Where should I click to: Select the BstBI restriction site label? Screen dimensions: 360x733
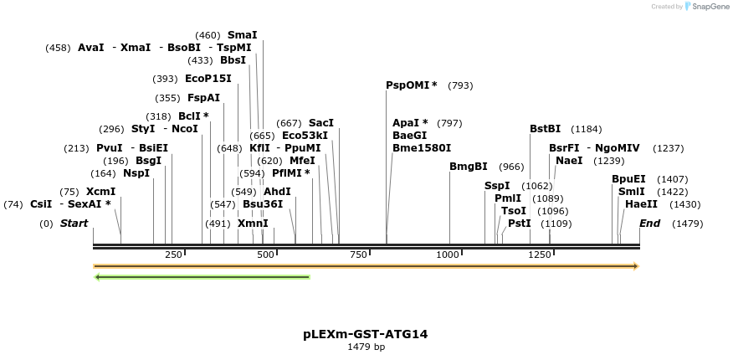click(545, 129)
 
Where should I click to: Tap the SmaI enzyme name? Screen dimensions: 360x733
click(243, 35)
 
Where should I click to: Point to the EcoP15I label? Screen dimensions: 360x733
click(208, 79)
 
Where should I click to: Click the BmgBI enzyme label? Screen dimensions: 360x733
click(469, 167)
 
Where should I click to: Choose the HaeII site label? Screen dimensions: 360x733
click(640, 204)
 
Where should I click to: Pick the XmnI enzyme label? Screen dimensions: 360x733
click(253, 224)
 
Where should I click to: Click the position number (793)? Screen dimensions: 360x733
click(460, 85)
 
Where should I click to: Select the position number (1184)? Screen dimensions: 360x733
click(586, 129)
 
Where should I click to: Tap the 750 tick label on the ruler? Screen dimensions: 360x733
click(358, 255)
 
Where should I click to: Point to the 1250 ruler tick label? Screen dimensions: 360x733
click(541, 255)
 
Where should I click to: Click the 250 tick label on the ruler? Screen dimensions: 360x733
click(173, 255)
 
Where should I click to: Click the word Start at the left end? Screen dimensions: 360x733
click(74, 224)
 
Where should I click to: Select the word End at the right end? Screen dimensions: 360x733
click(650, 224)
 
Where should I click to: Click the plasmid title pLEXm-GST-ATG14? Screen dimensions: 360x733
click(366, 333)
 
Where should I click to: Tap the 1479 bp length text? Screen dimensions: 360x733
click(366, 347)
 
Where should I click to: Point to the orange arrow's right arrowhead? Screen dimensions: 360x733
click(636, 266)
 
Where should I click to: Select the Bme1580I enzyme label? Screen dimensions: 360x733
click(422, 148)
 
